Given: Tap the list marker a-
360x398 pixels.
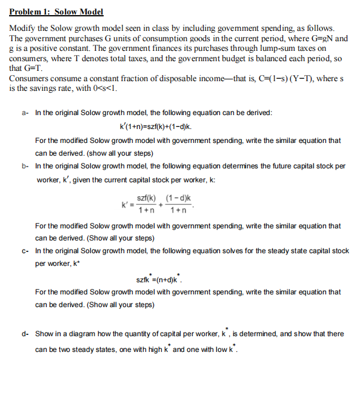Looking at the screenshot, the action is click(25, 113).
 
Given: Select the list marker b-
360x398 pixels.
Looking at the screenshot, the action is click(25, 165).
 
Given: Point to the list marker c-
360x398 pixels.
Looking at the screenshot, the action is click(25, 251).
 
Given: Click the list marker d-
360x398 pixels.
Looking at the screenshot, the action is click(25, 334).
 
